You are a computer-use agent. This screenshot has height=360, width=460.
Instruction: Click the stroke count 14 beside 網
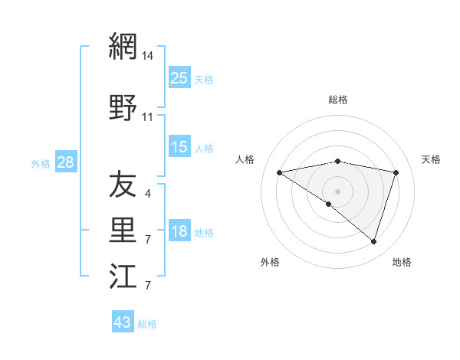[x=148, y=55]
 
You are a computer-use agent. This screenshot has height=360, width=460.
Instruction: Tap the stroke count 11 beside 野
[x=148, y=117]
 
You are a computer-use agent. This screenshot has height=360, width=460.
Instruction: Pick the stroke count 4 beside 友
[x=148, y=194]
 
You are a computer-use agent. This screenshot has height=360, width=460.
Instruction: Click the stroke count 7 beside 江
[x=148, y=286]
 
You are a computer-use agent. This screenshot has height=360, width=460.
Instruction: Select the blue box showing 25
[x=179, y=77]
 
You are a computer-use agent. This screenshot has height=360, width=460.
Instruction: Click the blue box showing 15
[x=179, y=147]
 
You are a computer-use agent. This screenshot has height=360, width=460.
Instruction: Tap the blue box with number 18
[x=179, y=232]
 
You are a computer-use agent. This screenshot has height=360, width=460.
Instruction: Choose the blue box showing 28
[x=65, y=162]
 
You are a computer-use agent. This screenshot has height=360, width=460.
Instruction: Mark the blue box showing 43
[x=123, y=322]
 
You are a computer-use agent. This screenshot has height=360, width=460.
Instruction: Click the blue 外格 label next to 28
[x=41, y=163]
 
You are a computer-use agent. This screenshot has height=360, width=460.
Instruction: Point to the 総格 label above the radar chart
[x=338, y=100]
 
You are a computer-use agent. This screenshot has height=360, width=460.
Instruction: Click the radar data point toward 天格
[x=396, y=172]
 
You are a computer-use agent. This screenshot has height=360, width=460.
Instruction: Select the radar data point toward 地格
[x=373, y=241]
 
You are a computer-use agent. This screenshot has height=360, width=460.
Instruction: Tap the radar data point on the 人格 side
[x=280, y=172]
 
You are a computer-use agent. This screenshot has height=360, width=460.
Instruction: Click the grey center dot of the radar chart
[x=337, y=191]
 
